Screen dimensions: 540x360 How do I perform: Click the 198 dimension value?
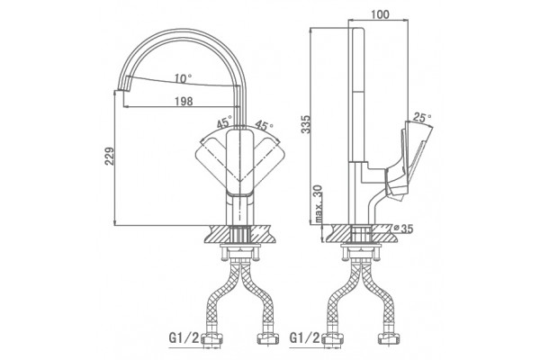(x=184, y=102)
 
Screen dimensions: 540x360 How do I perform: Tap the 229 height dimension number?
(x=110, y=157)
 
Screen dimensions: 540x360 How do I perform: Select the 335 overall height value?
(x=305, y=124)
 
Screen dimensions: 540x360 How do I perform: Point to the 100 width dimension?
(x=380, y=14)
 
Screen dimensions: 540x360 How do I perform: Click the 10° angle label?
(x=183, y=78)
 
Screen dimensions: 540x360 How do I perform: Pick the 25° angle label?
(x=422, y=118)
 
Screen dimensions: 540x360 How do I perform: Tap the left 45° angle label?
(x=224, y=122)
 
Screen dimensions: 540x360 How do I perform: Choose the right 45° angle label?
(x=264, y=126)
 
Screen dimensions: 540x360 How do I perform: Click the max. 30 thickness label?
(x=319, y=204)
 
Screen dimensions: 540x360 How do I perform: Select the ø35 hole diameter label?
(x=403, y=229)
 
